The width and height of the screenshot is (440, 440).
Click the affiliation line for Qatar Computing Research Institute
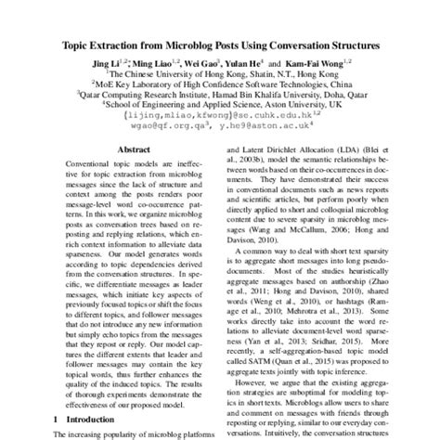[219, 94]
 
